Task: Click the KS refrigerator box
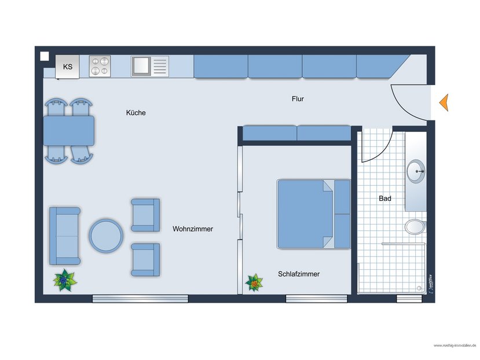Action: click(68, 67)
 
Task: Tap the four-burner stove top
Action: click(100, 66)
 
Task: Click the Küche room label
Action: click(136, 113)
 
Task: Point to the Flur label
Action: click(298, 99)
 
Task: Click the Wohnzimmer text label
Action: click(193, 229)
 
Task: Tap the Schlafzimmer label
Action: click(299, 274)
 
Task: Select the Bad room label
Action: click(385, 199)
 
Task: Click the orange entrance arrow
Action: click(444, 102)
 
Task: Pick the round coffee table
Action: click(106, 235)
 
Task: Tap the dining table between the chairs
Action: click(68, 130)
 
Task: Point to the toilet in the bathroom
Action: click(415, 226)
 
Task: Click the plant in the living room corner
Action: click(65, 281)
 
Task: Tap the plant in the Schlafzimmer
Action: click(254, 283)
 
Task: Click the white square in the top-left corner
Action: click(45, 56)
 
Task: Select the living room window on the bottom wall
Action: click(140, 299)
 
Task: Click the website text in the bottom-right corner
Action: click(455, 346)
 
